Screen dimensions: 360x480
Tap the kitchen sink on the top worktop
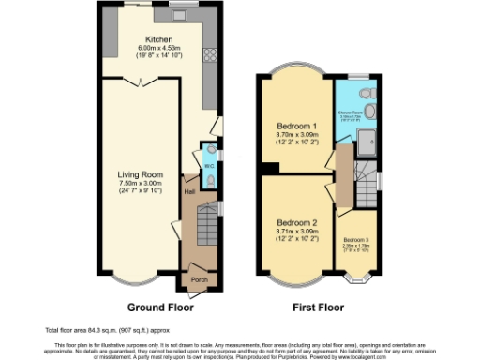(x=178, y=17)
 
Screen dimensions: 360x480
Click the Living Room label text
(x=141, y=174)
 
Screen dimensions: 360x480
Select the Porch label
(x=199, y=278)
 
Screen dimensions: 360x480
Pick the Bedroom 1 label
(x=296, y=126)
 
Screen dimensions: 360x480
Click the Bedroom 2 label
(x=296, y=222)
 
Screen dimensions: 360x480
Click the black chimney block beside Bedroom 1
(x=270, y=168)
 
